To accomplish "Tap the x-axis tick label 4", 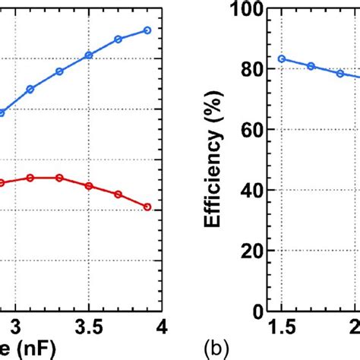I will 161,327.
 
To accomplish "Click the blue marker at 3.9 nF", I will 147,30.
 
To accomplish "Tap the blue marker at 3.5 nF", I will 89,55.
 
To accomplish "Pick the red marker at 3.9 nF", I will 147,207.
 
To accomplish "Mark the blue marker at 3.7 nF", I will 118,39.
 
